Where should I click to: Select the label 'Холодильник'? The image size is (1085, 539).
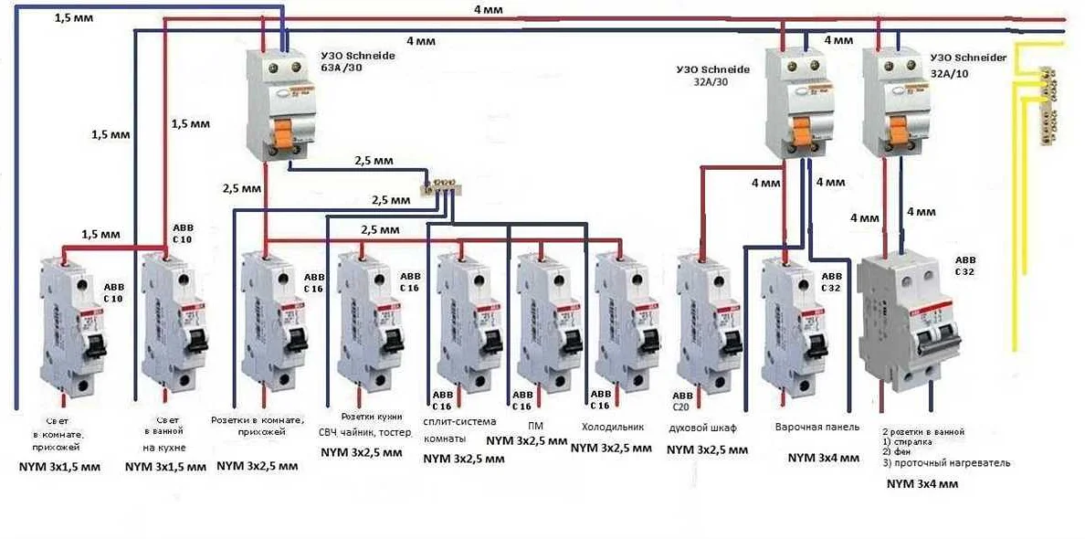613,427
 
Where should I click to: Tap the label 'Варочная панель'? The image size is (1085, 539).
817,427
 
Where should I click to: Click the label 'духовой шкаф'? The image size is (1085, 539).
701,428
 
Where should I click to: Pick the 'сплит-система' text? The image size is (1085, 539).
460,421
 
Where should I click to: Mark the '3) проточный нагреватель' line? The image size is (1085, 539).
946,463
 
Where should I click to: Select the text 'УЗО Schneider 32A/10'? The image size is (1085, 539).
968,63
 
